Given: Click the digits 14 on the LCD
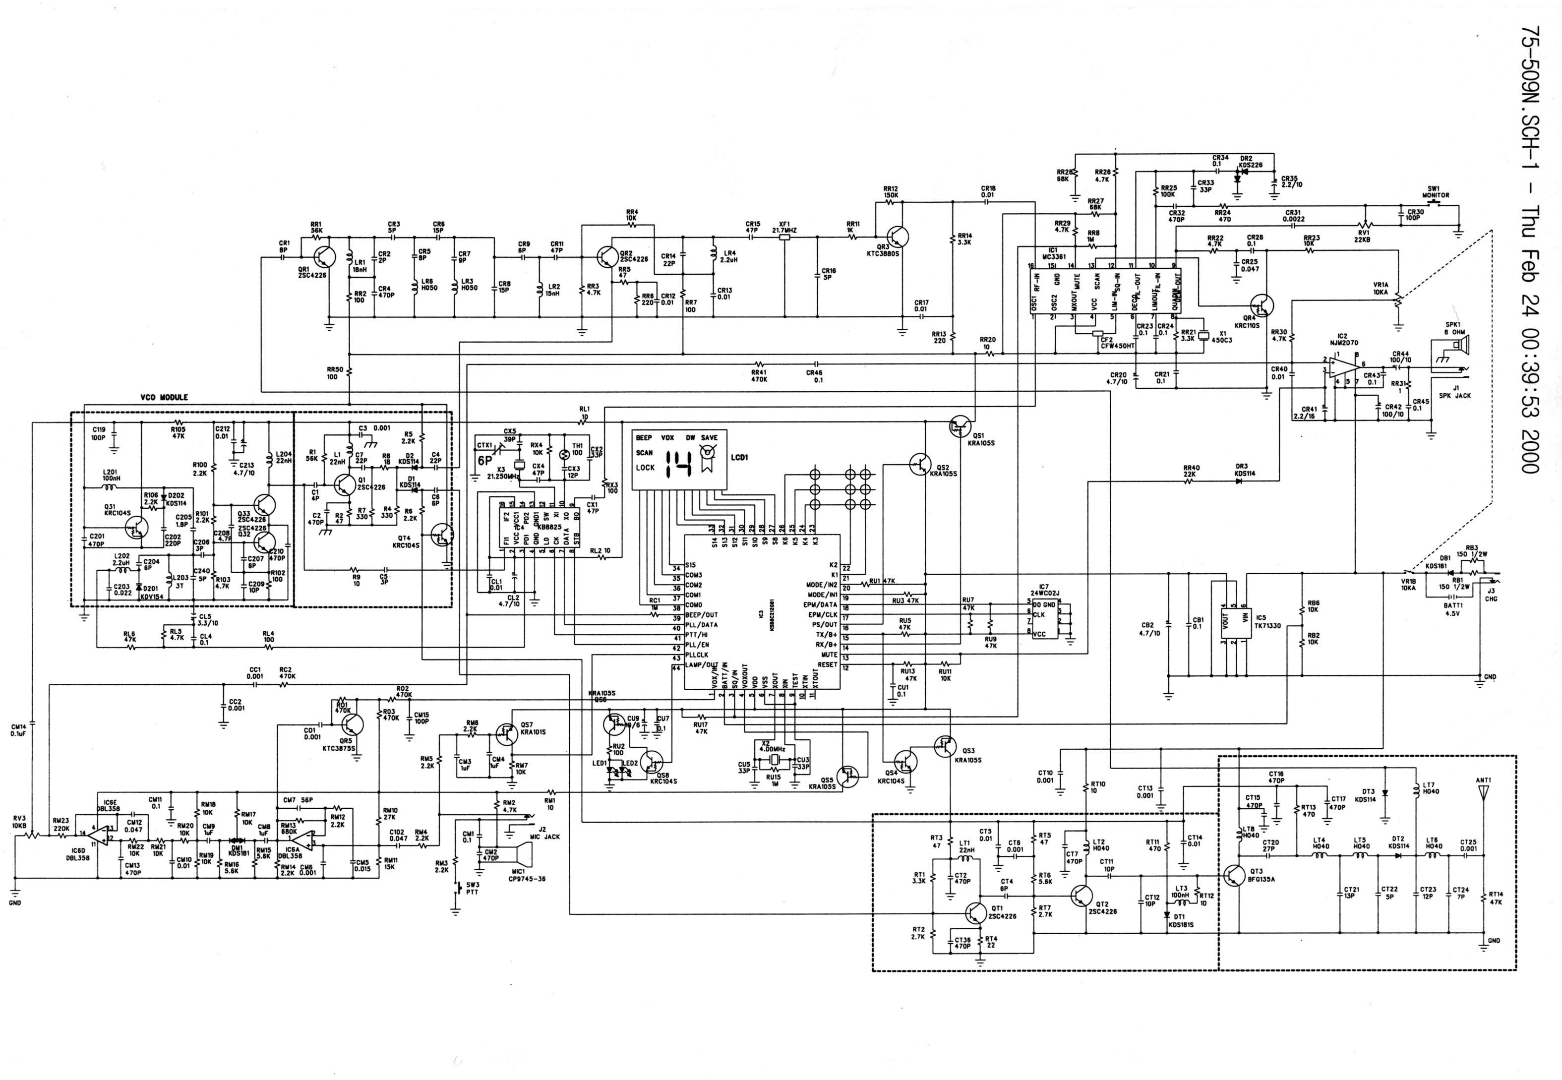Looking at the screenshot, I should click(677, 465).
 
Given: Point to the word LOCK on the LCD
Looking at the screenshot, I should click(645, 468).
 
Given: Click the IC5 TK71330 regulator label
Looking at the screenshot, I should click(1269, 622).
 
